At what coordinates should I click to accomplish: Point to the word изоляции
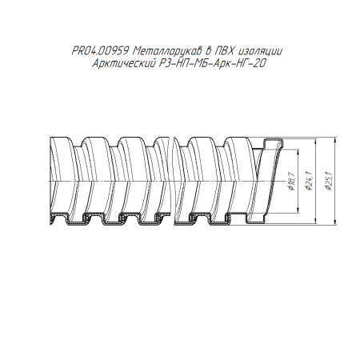tap(262, 51)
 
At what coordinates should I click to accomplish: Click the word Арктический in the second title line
tap(124, 63)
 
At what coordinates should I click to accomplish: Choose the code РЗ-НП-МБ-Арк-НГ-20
tap(213, 63)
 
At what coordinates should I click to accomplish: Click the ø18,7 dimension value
tap(291, 182)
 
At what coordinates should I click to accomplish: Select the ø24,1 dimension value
tap(310, 182)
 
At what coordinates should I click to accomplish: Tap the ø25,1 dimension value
tap(329, 182)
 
